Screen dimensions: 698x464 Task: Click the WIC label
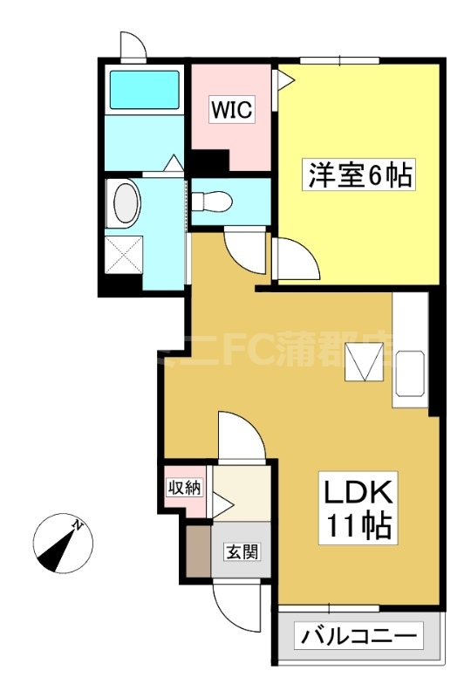pos(232,111)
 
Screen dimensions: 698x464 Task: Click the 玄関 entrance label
pos(240,552)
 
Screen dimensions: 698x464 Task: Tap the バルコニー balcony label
pos(358,636)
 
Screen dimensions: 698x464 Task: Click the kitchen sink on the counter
pos(410,373)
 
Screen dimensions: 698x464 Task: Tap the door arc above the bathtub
pos(133,45)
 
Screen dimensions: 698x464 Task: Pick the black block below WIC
pos(208,161)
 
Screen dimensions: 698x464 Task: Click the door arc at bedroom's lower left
pos(295,257)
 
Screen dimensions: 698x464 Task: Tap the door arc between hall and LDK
pos(239,436)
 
